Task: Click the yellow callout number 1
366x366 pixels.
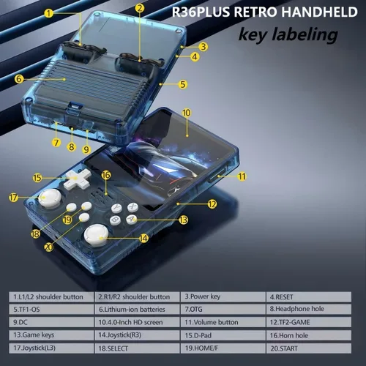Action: point(49,13)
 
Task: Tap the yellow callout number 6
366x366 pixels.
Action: point(19,79)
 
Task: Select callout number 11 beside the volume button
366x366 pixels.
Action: point(242,176)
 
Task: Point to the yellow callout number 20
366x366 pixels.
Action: point(49,247)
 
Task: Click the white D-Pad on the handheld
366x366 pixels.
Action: point(77,179)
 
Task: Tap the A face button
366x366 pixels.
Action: point(132,219)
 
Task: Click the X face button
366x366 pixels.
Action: point(132,207)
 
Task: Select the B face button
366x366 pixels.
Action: point(115,220)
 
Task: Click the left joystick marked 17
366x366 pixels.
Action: point(50,198)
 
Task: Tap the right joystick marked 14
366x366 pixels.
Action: point(96,235)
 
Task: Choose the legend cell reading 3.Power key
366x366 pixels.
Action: point(223,296)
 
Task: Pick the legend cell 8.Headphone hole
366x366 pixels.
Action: point(309,309)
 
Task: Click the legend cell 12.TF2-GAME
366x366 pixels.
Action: point(309,322)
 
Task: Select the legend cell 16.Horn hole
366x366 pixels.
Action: point(309,335)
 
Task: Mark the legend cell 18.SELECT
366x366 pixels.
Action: point(137,348)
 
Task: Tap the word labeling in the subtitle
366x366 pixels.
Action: point(305,34)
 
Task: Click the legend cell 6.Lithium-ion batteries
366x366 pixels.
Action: point(137,309)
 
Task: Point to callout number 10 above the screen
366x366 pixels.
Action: point(187,113)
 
